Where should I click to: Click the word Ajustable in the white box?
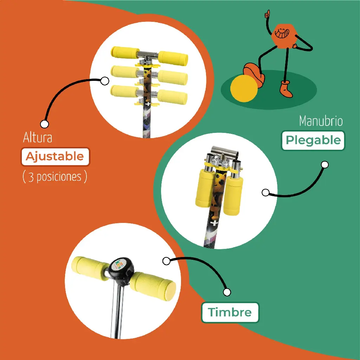[x=54, y=157]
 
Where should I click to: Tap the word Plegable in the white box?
[x=313, y=140]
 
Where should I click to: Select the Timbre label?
[x=230, y=312]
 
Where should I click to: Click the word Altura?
[x=38, y=137]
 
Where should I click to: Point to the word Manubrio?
[x=321, y=121]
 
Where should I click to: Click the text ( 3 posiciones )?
[x=55, y=177]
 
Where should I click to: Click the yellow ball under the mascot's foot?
[x=244, y=88]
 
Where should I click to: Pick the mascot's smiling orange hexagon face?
[x=284, y=36]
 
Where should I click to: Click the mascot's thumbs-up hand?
[x=267, y=14]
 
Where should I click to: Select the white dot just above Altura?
[x=45, y=124]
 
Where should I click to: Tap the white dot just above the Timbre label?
[x=227, y=292]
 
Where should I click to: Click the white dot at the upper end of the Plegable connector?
[x=325, y=165]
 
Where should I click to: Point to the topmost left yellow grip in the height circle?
[x=125, y=53]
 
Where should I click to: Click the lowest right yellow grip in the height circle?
[x=172, y=97]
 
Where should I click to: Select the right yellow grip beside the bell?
[x=153, y=287]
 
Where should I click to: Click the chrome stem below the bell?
[x=117, y=312]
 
